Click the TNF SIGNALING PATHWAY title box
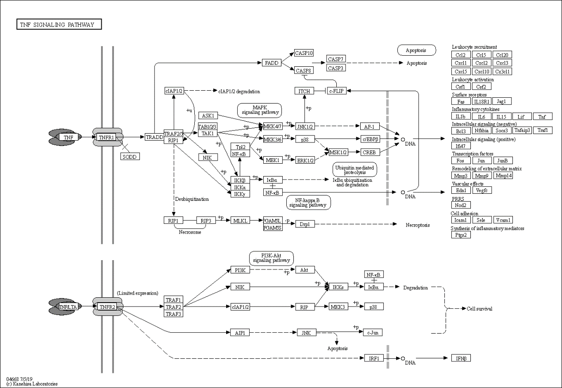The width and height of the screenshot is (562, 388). click(59, 25)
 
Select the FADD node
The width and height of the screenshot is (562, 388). click(271, 63)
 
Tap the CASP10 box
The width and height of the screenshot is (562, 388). click(304, 54)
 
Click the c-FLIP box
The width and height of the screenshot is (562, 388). click(337, 91)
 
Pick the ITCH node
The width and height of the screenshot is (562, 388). click(304, 91)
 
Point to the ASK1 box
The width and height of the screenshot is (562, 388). click(208, 115)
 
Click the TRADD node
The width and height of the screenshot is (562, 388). click(154, 137)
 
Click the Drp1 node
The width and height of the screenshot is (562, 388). click(304, 224)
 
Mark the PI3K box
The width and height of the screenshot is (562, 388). click(240, 270)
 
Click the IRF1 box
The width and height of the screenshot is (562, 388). click(374, 358)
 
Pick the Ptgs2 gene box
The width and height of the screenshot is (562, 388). click(461, 235)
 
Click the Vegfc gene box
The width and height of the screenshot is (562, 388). click(481, 190)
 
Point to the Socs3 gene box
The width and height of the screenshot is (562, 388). click(501, 131)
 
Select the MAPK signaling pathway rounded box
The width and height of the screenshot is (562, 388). click(259, 110)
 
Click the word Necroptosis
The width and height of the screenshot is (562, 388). click(417, 225)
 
